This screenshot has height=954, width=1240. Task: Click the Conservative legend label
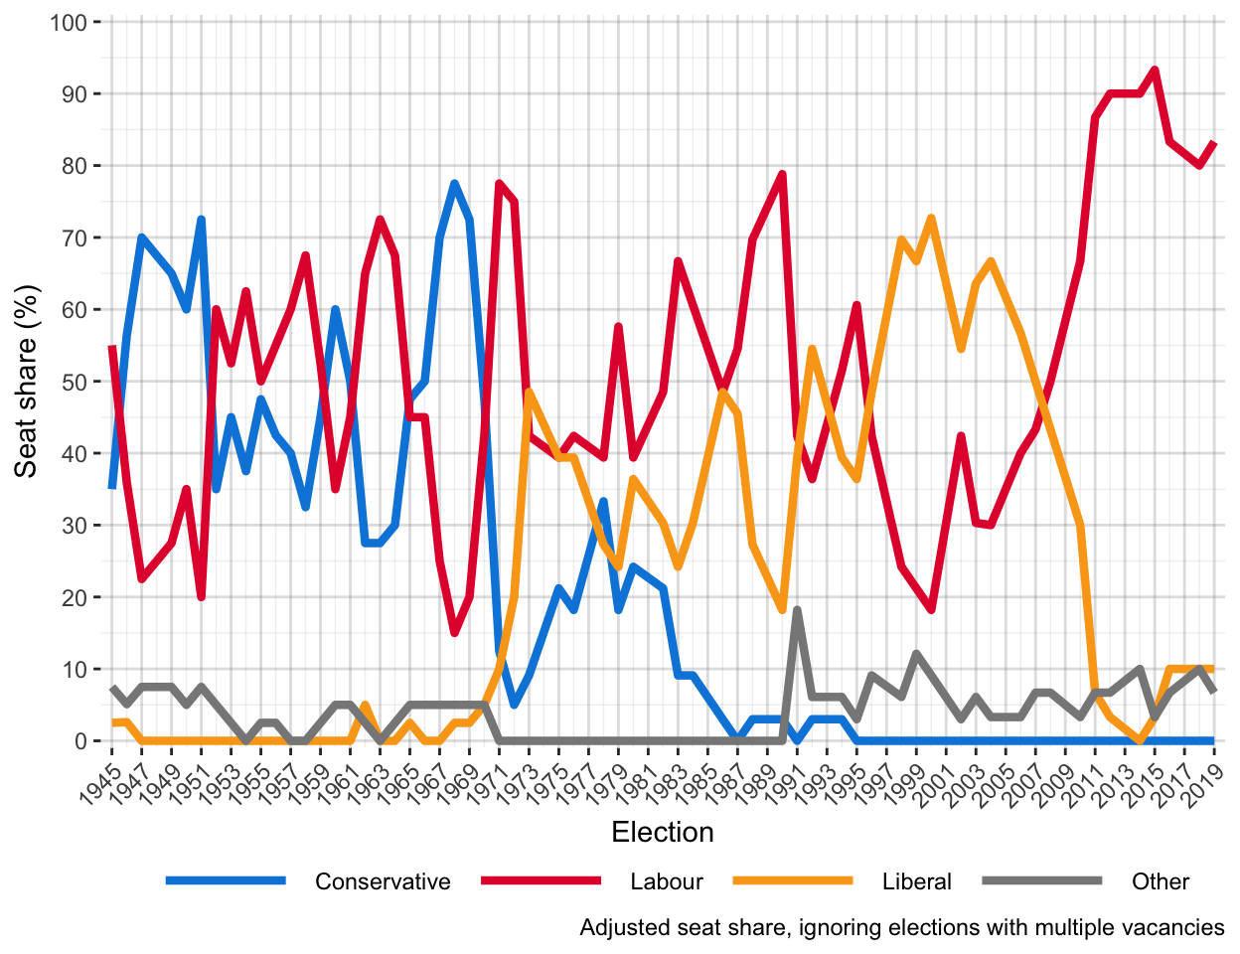[382, 881]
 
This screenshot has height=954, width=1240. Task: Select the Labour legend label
[666, 881]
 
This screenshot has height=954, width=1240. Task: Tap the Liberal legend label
[916, 881]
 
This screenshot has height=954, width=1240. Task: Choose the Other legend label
[1160, 881]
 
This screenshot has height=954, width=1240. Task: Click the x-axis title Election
[663, 833]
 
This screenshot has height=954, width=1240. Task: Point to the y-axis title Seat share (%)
[27, 382]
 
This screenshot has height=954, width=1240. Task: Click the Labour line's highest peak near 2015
[1155, 70]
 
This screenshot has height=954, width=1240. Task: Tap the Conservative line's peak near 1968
[454, 184]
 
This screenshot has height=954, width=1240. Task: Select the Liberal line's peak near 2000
[931, 218]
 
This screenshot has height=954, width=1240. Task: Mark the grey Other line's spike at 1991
[797, 610]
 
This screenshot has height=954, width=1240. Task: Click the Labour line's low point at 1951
[201, 596]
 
